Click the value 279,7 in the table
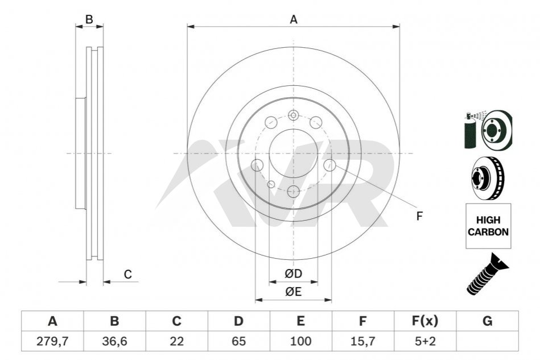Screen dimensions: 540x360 click(x=52, y=341)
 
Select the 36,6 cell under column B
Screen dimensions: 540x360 click(x=114, y=341)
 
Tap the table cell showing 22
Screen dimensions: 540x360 click(x=176, y=341)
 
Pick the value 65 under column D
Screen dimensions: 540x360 click(x=238, y=341)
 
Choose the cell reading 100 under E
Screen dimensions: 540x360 click(x=300, y=341)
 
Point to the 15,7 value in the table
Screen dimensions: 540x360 click(x=362, y=341)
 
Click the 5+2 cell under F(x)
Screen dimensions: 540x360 click(x=425, y=341)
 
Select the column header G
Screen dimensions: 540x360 click(x=487, y=321)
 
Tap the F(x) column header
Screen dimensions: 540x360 click(x=425, y=321)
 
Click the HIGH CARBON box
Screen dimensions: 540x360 click(x=488, y=226)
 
